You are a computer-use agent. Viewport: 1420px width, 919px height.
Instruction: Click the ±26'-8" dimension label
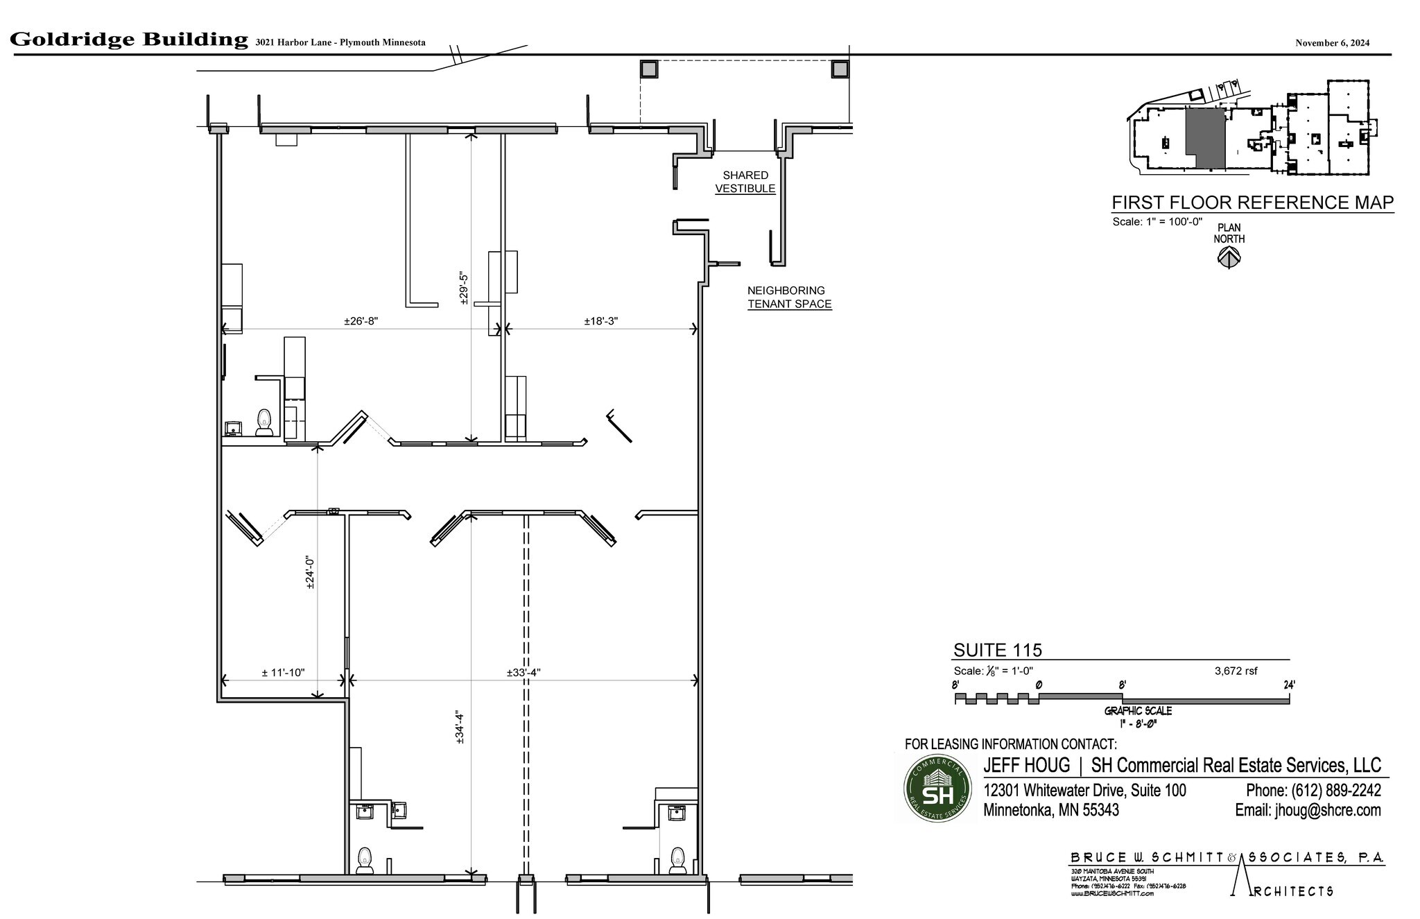click(361, 321)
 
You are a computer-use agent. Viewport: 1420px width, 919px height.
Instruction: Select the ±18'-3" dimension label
click(600, 321)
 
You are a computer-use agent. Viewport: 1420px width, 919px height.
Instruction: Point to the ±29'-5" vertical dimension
click(465, 287)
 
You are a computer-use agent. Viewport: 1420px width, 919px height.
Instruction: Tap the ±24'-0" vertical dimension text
click(311, 573)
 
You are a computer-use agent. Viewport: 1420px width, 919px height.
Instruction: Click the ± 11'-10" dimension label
click(283, 673)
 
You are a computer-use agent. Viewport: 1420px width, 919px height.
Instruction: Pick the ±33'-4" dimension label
click(523, 673)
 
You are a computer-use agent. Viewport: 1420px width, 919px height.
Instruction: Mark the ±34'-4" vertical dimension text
click(460, 727)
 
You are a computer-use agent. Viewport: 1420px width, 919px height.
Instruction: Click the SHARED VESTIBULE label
click(745, 182)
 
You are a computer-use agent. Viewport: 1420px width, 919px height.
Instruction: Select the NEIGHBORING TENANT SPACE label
click(788, 297)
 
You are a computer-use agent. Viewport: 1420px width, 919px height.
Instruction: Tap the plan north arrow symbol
click(1229, 258)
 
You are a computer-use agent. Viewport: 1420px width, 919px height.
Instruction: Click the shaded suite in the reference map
click(1204, 137)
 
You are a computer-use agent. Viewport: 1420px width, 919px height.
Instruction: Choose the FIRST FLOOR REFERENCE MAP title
click(1252, 203)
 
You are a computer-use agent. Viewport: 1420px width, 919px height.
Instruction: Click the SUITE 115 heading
click(997, 650)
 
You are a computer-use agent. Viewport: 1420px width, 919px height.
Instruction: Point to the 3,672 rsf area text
click(1236, 671)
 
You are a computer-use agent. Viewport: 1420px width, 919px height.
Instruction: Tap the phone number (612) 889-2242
click(1313, 790)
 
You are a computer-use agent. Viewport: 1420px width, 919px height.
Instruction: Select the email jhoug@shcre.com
click(1308, 810)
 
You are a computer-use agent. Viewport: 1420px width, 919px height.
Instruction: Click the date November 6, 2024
click(1332, 43)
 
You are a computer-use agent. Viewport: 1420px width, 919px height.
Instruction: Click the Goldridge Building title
click(129, 40)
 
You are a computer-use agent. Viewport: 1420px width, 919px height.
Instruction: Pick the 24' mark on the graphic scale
click(1289, 685)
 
